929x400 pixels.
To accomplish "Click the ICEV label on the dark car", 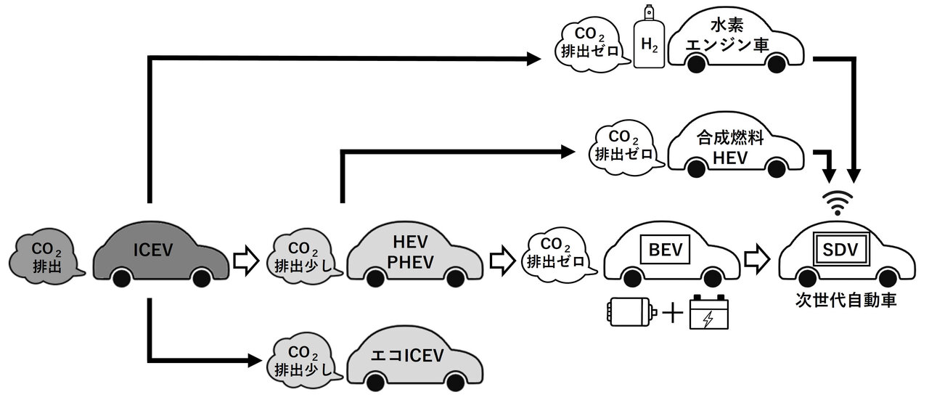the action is (x=153, y=250).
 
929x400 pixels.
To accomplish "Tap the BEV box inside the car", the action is (x=666, y=250).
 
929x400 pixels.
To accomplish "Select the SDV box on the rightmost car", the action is (x=840, y=249).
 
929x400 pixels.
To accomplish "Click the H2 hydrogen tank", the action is (x=649, y=36).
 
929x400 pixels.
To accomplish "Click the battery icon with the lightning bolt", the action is (x=708, y=312).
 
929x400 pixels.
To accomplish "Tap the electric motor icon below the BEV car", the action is (x=631, y=311).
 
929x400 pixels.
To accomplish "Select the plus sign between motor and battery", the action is (x=673, y=312).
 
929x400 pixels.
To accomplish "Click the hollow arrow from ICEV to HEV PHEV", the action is (x=246, y=260).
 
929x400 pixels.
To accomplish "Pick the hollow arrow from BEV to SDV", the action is (x=757, y=259).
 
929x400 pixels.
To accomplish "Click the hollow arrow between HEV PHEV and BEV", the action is (x=503, y=260).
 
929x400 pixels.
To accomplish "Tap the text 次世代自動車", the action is (x=846, y=300).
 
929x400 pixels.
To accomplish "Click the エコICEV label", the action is (x=407, y=356).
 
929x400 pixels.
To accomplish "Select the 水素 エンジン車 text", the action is (x=727, y=36).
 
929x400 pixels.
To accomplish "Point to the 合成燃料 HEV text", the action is (x=730, y=148).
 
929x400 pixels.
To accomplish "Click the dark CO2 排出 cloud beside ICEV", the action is (x=46, y=257).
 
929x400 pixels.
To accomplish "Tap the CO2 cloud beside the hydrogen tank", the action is (x=590, y=43).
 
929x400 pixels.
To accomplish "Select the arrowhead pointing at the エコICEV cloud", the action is (x=255, y=360).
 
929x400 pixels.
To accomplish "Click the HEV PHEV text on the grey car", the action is (x=410, y=252).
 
